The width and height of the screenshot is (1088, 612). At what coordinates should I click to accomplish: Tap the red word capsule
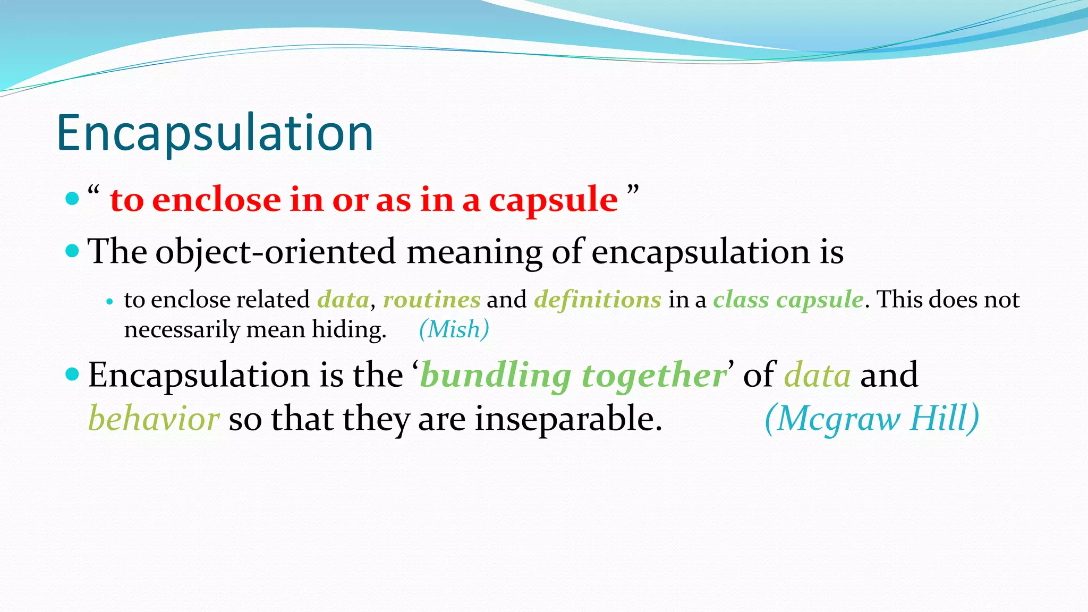[553, 200]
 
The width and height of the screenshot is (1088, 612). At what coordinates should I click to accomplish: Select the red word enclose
[216, 200]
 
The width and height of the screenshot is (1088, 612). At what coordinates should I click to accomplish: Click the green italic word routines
[431, 300]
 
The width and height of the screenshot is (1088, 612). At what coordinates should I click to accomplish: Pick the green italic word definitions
[598, 300]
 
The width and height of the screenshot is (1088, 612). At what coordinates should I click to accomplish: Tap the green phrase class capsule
[788, 300]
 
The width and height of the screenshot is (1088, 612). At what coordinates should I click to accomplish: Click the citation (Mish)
[454, 329]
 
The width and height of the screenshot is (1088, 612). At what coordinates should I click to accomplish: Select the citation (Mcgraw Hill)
[871, 419]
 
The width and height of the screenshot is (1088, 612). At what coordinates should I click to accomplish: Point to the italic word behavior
[154, 419]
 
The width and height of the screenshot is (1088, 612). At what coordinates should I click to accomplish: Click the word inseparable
[568, 419]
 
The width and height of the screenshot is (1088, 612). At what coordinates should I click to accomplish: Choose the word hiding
[348, 330]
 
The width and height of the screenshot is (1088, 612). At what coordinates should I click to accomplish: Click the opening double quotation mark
[93, 190]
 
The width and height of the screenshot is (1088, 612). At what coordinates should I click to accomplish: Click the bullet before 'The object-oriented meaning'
[72, 250]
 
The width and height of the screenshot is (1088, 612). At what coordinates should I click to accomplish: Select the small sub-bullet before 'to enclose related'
[109, 301]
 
